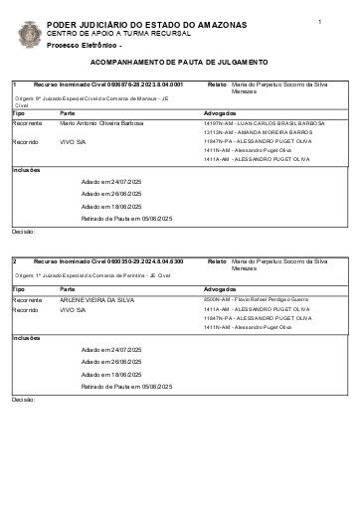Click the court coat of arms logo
(30, 34)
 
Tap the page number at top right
(319, 21)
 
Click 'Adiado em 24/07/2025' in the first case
(111, 182)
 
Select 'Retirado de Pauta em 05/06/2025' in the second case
(127, 386)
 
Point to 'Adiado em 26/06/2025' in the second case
(111, 363)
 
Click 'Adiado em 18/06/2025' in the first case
(111, 206)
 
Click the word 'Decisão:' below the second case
(23, 399)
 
